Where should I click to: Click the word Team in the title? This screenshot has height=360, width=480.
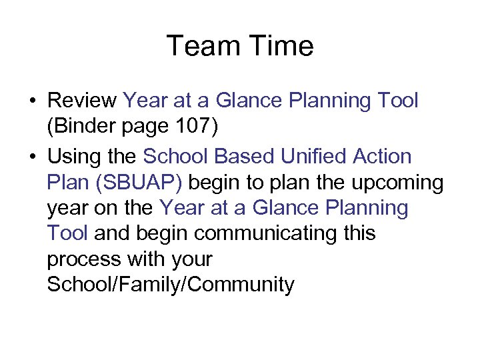203,46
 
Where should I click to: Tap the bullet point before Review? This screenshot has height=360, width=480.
32,101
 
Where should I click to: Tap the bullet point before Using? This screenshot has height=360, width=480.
32,157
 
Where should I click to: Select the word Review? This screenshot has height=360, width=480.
83,101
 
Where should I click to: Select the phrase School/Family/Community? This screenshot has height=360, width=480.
171,285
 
